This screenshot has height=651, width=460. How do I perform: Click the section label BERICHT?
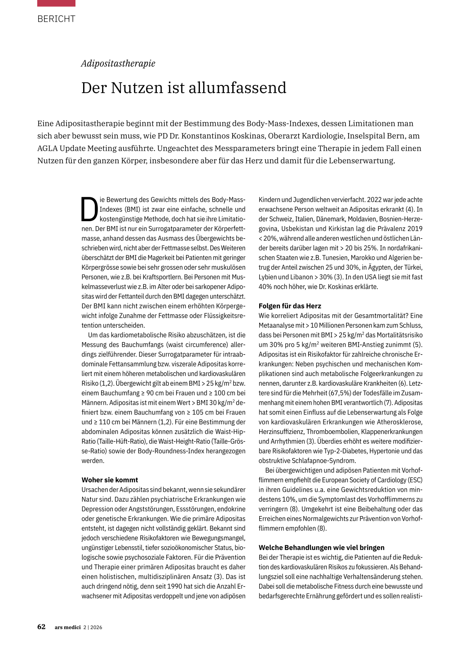56,19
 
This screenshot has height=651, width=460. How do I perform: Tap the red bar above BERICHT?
56,3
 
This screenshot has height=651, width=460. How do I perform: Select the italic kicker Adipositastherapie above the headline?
118,63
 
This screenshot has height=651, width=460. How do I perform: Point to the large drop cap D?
89,210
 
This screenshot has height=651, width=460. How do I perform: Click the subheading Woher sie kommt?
110,480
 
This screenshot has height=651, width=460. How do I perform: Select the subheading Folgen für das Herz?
290,306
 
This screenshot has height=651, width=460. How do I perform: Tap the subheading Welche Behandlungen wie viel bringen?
321,548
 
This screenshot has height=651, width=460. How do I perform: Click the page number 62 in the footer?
41,627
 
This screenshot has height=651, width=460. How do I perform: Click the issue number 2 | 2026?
93,627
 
